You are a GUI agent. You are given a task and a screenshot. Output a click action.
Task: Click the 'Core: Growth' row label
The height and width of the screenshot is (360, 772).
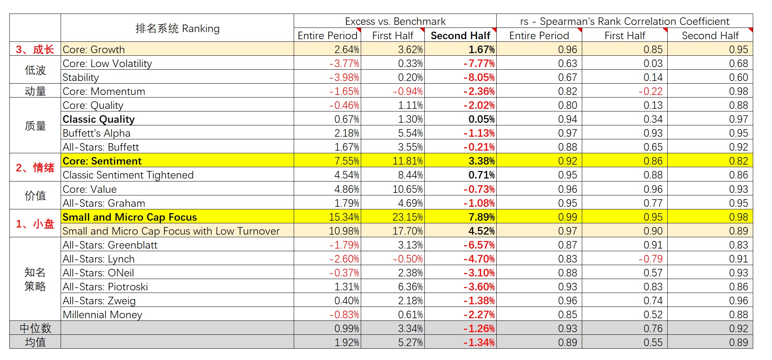[x=94, y=49]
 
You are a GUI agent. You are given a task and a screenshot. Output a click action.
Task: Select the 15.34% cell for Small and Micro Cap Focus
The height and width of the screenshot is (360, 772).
[x=344, y=217]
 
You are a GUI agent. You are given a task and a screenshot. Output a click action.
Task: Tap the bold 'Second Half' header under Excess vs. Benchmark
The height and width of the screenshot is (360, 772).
[x=460, y=35]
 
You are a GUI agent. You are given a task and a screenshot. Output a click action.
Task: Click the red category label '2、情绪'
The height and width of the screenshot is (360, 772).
[x=35, y=168]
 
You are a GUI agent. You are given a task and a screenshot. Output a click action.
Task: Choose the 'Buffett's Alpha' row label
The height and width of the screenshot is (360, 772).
[x=96, y=133]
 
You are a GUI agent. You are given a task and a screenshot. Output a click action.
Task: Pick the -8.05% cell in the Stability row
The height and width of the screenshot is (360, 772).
[x=479, y=77]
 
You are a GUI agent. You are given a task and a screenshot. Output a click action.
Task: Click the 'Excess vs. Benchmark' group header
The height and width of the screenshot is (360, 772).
[x=395, y=21]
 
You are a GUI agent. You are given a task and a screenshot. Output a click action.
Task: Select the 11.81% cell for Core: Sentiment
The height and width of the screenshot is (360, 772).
[x=407, y=161]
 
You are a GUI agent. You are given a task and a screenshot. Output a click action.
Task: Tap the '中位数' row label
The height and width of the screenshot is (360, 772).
[x=35, y=328]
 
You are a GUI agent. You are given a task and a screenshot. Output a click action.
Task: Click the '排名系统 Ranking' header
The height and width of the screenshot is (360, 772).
[x=177, y=28]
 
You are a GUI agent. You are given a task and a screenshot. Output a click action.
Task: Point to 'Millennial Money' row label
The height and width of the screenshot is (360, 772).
[x=102, y=314]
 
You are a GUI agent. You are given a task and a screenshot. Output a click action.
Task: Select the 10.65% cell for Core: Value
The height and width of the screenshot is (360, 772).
[x=407, y=189]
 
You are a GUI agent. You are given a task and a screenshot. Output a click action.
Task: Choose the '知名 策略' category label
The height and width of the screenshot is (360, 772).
[x=35, y=279]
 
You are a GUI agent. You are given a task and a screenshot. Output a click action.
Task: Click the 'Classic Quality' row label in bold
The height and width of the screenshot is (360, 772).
[x=99, y=119]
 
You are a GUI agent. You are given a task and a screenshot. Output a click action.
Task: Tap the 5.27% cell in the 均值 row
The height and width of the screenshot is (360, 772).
[x=410, y=342]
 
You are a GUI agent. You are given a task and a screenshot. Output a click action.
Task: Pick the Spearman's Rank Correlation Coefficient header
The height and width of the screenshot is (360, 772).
[x=624, y=21]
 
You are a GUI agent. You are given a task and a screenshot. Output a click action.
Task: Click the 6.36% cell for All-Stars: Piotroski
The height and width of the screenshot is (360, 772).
[x=410, y=287]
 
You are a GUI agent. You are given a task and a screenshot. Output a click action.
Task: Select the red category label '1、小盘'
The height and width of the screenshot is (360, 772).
[x=35, y=224]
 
